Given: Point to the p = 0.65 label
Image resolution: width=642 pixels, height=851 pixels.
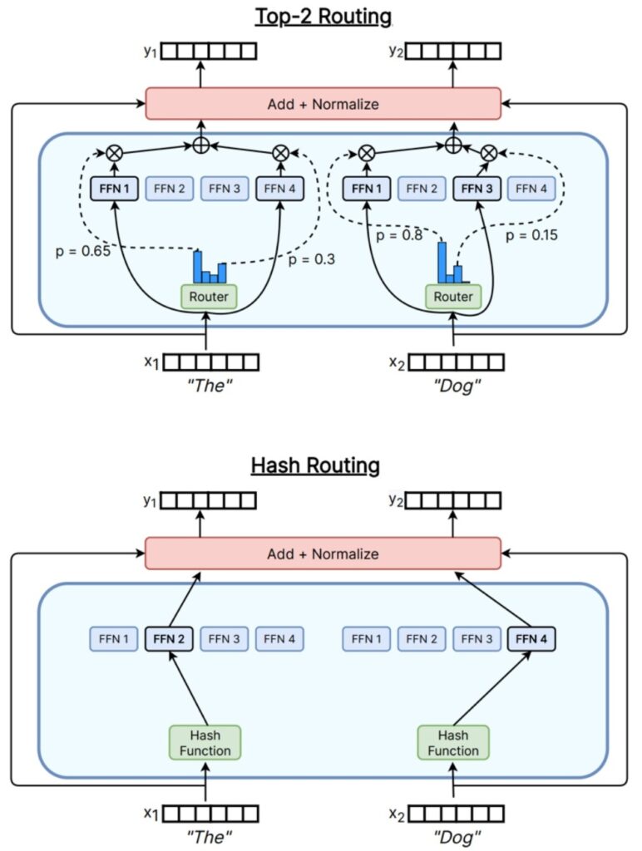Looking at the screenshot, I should point(81,248).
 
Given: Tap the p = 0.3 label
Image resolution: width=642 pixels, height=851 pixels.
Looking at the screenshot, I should point(312,259).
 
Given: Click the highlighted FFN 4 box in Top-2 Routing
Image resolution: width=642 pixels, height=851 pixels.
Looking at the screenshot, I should point(279,189).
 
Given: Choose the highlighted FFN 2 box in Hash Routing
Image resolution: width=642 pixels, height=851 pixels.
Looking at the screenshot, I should point(170,639).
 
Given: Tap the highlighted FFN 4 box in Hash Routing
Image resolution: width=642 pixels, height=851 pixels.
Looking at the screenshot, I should point(531,639).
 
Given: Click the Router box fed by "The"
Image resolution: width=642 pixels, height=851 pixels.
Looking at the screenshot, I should point(209,297).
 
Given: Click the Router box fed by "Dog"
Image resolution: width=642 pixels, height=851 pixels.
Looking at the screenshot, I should point(452,297).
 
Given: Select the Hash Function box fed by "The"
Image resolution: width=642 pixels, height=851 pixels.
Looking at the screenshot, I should point(205,742).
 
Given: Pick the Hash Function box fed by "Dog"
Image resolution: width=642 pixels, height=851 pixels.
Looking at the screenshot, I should point(453,742).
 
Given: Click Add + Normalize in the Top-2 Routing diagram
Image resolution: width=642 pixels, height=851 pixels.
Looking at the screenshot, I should point(323,104).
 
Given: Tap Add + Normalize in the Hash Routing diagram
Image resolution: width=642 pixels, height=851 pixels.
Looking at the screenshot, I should point(323,553).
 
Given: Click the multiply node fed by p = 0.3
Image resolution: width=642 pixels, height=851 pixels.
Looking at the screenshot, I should point(281,153).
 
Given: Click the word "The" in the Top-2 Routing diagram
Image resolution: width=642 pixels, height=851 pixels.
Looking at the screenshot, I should point(207,386).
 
